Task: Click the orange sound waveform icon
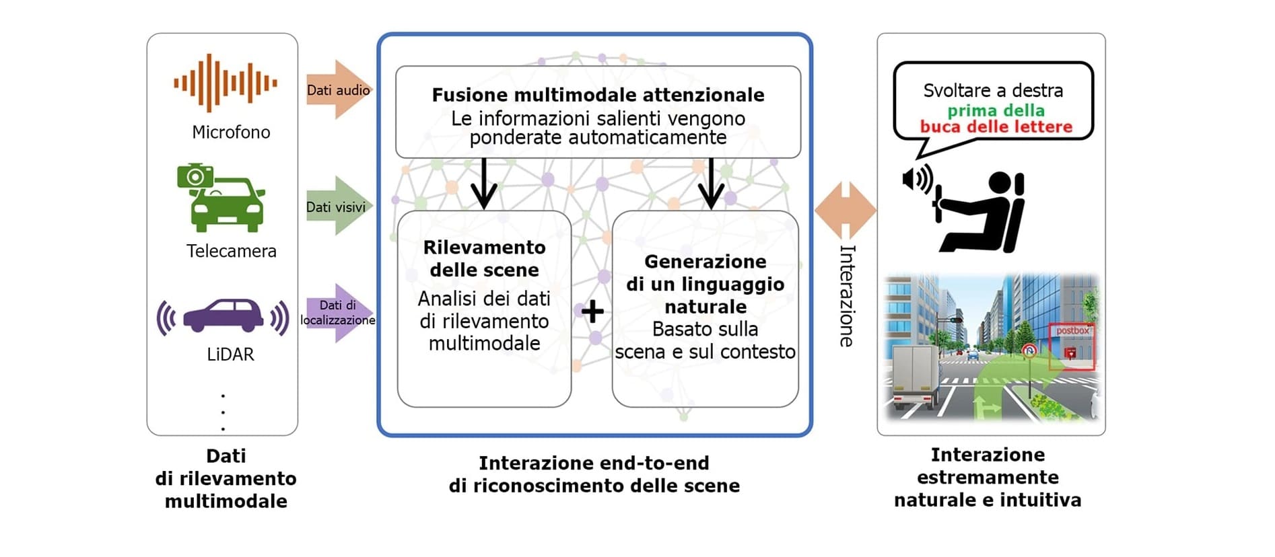pyautogui.click(x=225, y=83)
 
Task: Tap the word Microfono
pyautogui.click(x=231, y=133)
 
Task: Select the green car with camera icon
pyautogui.click(x=221, y=198)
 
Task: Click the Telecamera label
pyautogui.click(x=231, y=251)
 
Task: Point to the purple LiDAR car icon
pyautogui.click(x=223, y=315)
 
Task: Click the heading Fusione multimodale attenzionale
pyautogui.click(x=598, y=95)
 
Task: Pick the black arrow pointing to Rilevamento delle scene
pyautogui.click(x=483, y=184)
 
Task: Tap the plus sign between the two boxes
pyautogui.click(x=592, y=311)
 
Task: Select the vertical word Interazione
pyautogui.click(x=846, y=295)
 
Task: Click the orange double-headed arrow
pyautogui.click(x=845, y=211)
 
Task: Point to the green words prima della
pyautogui.click(x=996, y=110)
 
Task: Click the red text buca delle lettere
pyautogui.click(x=996, y=126)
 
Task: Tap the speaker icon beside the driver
pyautogui.click(x=917, y=180)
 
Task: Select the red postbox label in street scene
pyautogui.click(x=1072, y=331)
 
